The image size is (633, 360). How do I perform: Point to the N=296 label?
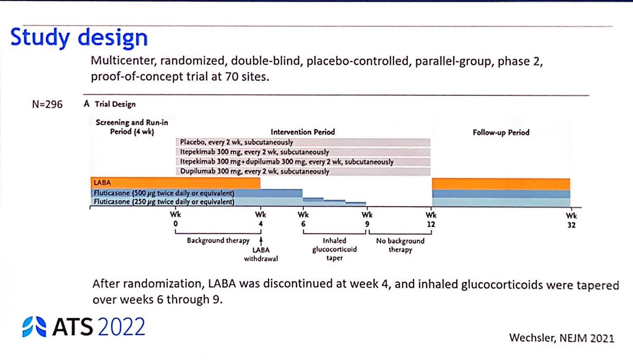click(x=47, y=104)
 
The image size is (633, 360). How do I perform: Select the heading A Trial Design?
click(x=109, y=104)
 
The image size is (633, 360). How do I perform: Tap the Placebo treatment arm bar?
click(x=303, y=142)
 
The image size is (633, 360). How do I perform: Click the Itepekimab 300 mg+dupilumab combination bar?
click(x=303, y=162)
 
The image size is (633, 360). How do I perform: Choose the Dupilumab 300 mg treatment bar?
click(x=303, y=171)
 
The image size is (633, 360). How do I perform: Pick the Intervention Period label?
click(x=303, y=132)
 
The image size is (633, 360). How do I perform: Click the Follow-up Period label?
click(x=501, y=132)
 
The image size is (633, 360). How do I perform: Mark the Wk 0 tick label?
click(x=175, y=219)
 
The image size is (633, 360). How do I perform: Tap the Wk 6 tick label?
click(x=303, y=219)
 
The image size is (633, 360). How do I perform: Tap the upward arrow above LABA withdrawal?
click(x=261, y=241)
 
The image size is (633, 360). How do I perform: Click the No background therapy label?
click(x=400, y=246)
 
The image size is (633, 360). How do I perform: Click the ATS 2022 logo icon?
click(x=34, y=327)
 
